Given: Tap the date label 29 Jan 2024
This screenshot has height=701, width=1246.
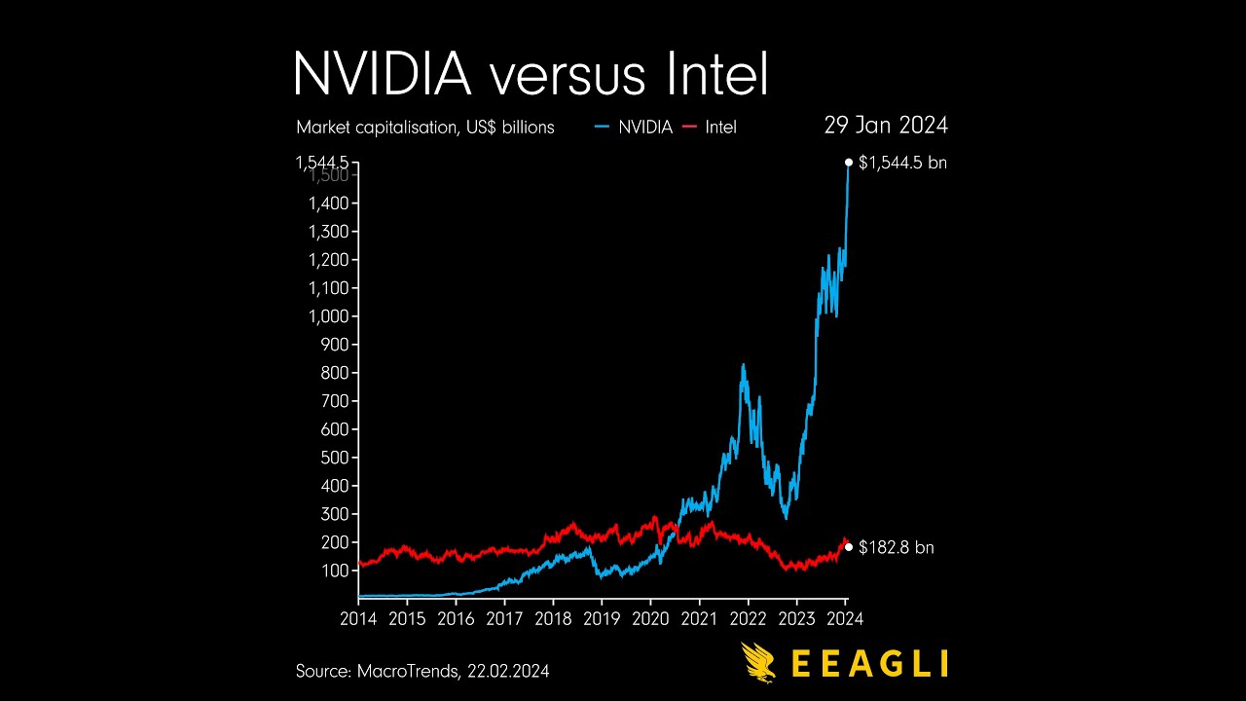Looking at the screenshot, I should (886, 126).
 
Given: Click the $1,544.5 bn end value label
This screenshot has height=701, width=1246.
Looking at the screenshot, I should (902, 163).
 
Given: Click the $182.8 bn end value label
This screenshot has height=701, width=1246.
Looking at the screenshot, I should (896, 548).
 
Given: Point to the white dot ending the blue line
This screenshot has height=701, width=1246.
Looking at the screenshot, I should (849, 163).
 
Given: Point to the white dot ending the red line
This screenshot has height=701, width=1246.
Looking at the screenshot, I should (849, 547).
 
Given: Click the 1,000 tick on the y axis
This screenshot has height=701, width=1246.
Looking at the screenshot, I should (329, 316).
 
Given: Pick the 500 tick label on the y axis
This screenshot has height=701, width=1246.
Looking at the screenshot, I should (335, 458).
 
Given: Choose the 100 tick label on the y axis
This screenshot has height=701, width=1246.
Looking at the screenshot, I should (335, 571).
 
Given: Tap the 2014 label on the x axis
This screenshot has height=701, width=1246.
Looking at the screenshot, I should (358, 619).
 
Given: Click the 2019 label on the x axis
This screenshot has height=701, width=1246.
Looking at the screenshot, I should (602, 619).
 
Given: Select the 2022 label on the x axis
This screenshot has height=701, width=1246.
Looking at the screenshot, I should (748, 619).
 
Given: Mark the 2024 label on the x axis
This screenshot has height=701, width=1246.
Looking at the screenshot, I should (845, 619).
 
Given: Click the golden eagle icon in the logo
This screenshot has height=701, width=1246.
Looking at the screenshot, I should (759, 662).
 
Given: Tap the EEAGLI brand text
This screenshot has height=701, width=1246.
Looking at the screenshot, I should (869, 663).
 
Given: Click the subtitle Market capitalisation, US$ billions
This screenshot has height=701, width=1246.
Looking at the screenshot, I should (425, 128).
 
